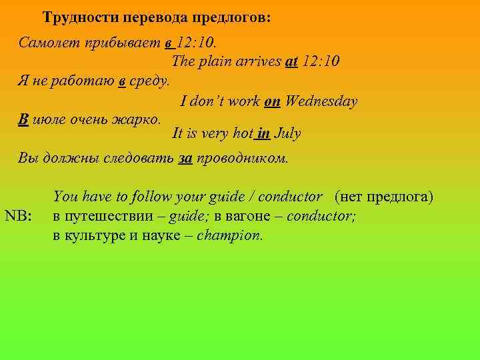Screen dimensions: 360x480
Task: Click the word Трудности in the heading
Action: click(75, 17)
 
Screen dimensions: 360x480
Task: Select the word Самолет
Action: click(48, 44)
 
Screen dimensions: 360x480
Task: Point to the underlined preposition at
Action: click(291, 62)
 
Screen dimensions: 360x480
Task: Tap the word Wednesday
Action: click(321, 101)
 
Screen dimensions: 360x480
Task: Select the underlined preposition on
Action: click(272, 101)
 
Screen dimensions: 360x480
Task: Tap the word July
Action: click(288, 133)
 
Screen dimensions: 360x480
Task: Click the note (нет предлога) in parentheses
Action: click(385, 197)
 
